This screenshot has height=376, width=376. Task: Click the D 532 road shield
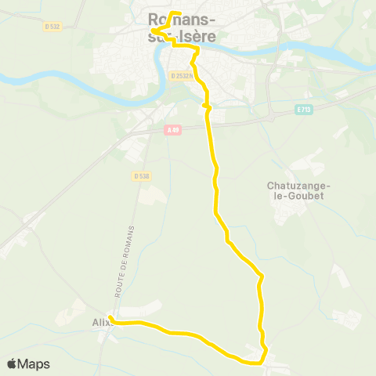pyautogui.click(x=52, y=26)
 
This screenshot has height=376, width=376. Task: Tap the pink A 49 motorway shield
pyautogui.click(x=173, y=131)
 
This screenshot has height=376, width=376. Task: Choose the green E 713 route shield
pyautogui.click(x=305, y=110)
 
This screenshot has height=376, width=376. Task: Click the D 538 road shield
pyautogui.click(x=142, y=176)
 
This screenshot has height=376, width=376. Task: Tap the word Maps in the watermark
pyautogui.click(x=34, y=363)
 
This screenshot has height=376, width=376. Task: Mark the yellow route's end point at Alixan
pyautogui.click(x=111, y=318)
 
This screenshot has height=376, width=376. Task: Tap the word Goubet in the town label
pyautogui.click(x=301, y=196)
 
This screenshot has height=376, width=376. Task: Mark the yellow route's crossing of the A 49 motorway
pyautogui.click(x=208, y=125)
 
